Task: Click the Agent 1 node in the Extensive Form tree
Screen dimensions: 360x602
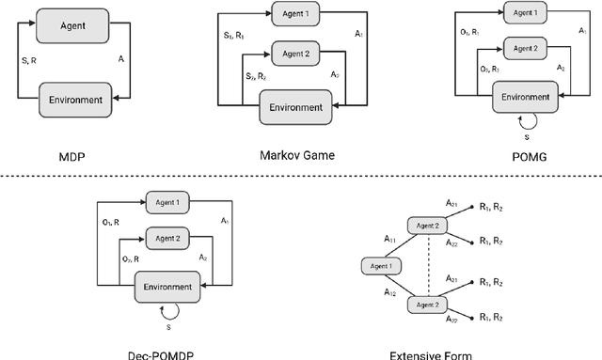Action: tap(381, 266)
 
